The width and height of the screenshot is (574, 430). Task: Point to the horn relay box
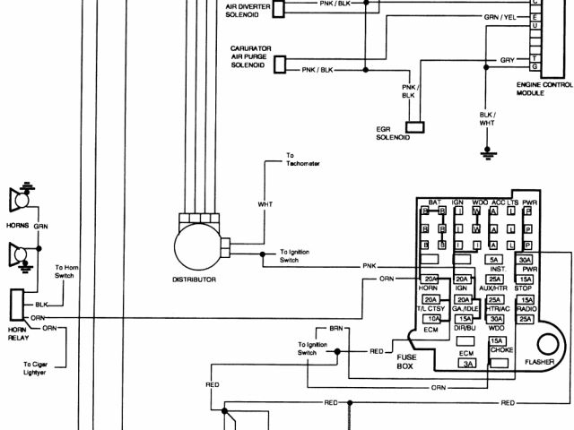[15, 304]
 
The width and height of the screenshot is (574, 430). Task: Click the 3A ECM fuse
[467, 364]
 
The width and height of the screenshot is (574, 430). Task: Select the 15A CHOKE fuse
[495, 341]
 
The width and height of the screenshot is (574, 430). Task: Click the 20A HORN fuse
[430, 279]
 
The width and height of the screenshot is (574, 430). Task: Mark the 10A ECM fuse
[432, 319]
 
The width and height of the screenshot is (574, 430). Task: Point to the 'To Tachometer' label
[302, 159]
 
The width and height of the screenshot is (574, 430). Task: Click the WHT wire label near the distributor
[265, 204]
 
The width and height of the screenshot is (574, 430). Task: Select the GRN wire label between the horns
[41, 227]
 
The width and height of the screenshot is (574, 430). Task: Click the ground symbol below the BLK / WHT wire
[487, 151]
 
